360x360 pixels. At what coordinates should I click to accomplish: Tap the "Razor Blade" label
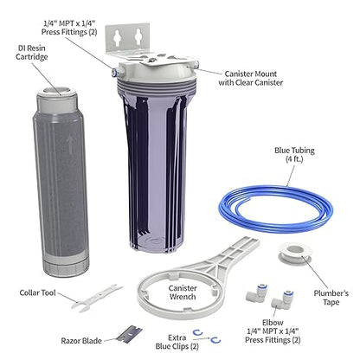point(84,342)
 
